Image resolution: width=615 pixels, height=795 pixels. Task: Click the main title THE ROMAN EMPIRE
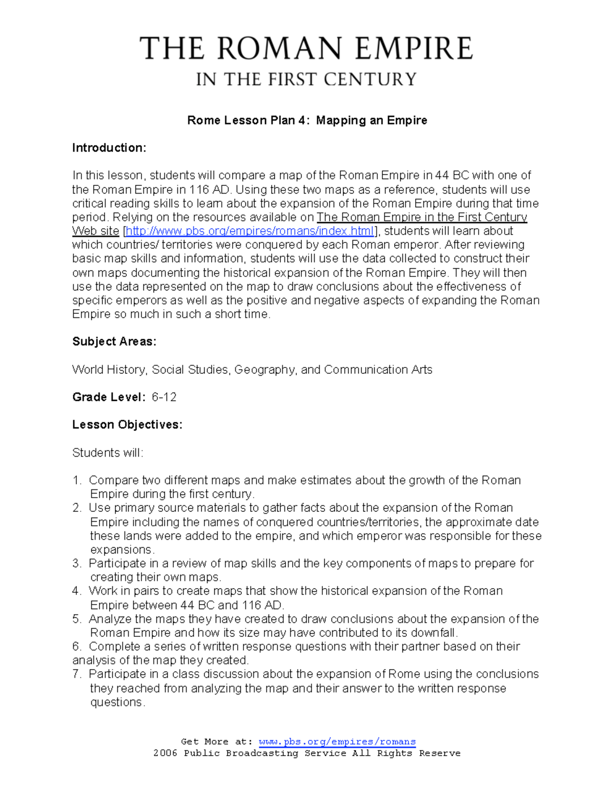306,49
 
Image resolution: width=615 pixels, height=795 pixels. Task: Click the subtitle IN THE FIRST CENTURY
306,79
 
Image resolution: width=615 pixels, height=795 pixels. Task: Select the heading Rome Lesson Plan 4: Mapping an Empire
307,120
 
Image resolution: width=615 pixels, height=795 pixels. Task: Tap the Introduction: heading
109,148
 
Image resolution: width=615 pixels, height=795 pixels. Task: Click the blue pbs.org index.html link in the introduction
250,231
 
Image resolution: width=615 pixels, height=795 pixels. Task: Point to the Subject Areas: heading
114,341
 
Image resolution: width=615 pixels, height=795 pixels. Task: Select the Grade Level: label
109,397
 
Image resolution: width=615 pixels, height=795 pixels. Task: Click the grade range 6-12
164,397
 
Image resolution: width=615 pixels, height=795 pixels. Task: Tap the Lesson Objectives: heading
127,425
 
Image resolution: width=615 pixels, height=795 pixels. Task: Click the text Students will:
108,453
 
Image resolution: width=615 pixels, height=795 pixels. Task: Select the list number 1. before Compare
77,480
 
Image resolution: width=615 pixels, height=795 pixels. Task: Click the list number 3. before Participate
77,564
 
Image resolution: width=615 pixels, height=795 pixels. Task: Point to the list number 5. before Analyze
77,619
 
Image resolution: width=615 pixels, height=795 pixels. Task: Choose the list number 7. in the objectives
77,674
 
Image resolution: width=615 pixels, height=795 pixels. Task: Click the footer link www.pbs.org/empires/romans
337,742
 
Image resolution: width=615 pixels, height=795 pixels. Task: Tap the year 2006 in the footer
165,753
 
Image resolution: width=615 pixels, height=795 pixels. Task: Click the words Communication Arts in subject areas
378,370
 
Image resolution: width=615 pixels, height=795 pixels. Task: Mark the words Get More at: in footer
217,742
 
